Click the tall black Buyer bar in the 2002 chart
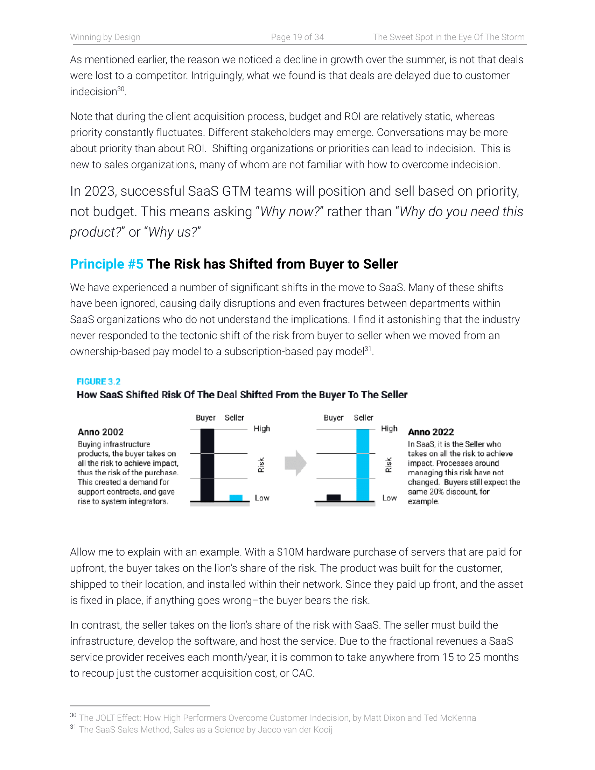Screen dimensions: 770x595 pos(207,465)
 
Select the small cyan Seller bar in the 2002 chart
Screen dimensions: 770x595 pos(236,498)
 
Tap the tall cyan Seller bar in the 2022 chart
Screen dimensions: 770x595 pos(363,465)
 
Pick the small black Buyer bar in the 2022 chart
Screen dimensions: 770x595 pos(334,497)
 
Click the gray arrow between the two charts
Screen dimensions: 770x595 pos(295,463)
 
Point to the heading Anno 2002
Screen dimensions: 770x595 pos(100,432)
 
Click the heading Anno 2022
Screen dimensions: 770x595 pos(431,432)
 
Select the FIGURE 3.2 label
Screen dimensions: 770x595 pos(98,381)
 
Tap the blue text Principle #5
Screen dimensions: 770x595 pos(106,264)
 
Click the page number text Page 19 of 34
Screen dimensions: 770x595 pos(297,37)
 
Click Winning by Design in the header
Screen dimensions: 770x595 pos(105,37)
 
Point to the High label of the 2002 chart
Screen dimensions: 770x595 pos(262,428)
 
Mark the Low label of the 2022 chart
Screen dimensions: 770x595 pos(390,498)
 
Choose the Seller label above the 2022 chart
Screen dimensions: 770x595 pos(363,418)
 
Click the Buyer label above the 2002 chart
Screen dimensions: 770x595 pos(205,418)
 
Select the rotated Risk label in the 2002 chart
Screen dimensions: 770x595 pos(261,465)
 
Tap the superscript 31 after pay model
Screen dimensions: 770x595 pos(367,349)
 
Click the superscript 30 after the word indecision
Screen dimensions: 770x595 pos(120,89)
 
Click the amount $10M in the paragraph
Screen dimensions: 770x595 pos(290,552)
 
